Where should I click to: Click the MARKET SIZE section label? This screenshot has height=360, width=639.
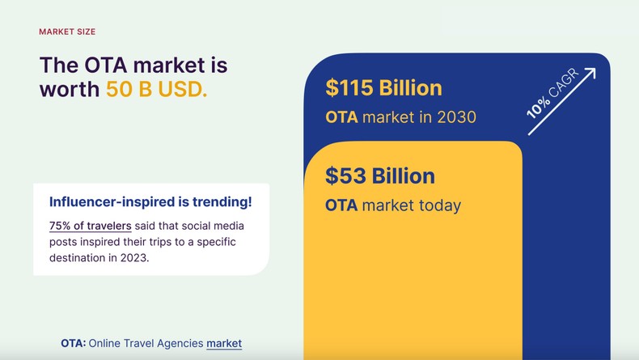[x=67, y=32]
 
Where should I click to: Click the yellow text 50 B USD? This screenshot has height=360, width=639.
[x=156, y=89]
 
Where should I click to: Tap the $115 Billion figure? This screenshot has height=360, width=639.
[x=383, y=87]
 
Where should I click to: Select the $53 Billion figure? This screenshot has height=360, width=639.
[x=379, y=176]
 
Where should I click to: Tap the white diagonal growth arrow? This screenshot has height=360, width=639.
[x=562, y=100]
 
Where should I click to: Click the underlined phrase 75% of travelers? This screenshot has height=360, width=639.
[x=91, y=225]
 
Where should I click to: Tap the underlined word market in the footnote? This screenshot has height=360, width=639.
[x=224, y=343]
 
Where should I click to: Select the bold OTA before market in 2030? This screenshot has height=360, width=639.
[x=341, y=116]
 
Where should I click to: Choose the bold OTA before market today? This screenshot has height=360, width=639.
[x=341, y=205]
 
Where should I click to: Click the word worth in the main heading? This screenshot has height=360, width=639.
[x=70, y=89]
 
